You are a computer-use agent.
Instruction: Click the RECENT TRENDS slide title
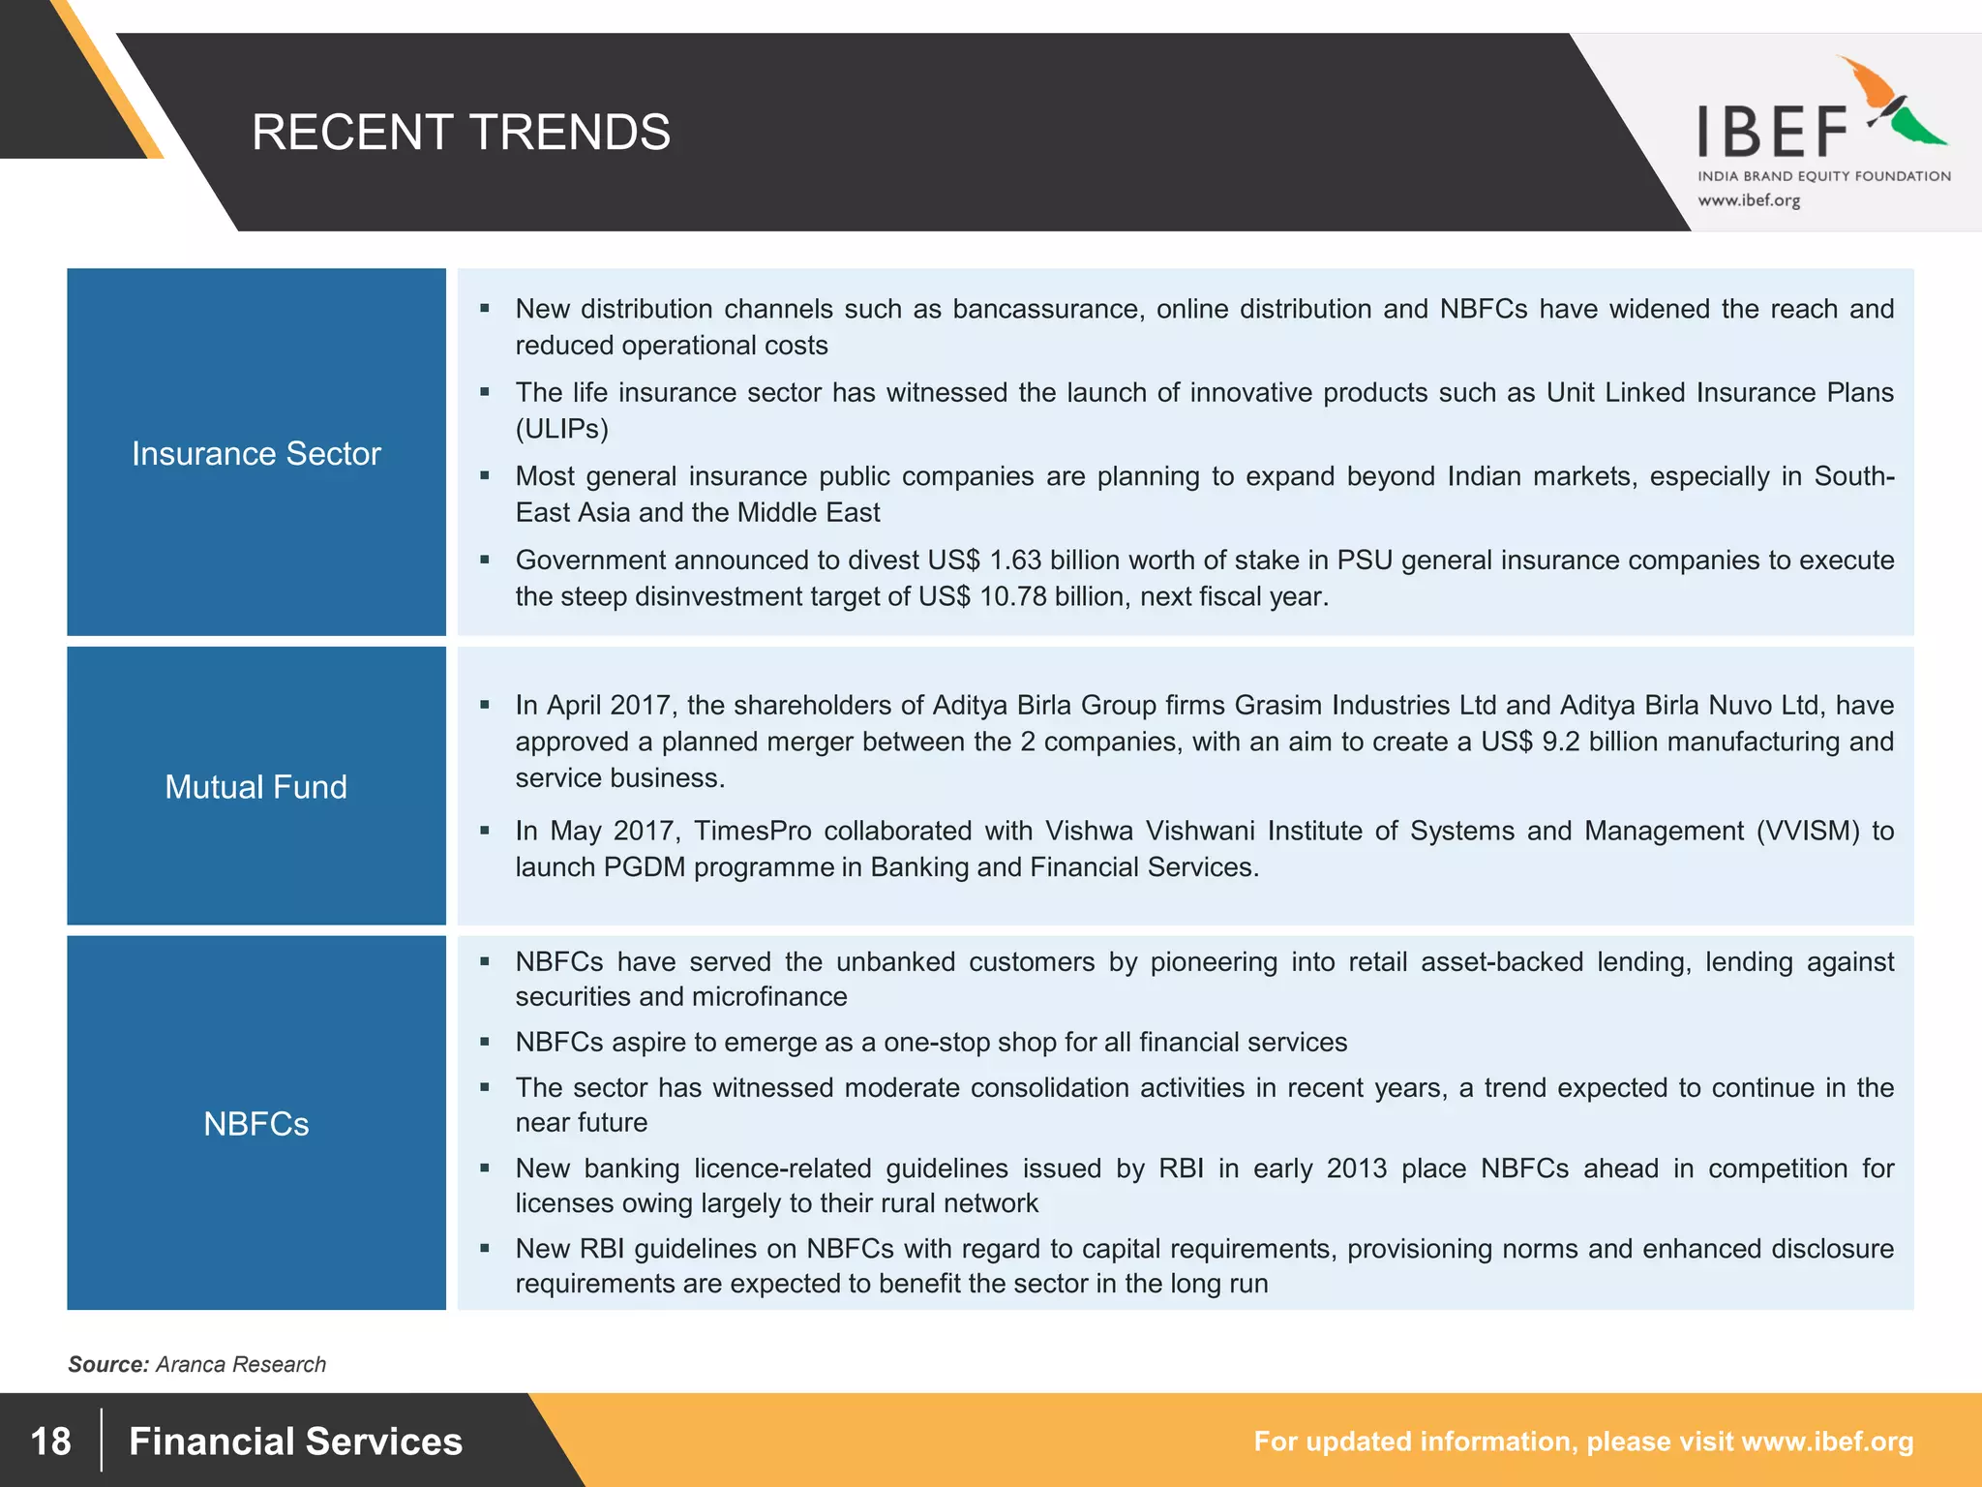(x=461, y=133)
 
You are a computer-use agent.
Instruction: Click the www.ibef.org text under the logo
(x=1749, y=200)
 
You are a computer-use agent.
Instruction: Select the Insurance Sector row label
(x=256, y=453)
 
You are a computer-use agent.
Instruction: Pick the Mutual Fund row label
(x=256, y=787)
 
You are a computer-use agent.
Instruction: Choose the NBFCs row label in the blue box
(x=256, y=1124)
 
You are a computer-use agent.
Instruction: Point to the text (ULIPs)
(x=562, y=429)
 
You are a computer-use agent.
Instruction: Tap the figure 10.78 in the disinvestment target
(x=1013, y=596)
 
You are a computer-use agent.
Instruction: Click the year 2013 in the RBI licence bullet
(x=1357, y=1168)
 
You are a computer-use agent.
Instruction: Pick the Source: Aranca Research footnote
(x=196, y=1364)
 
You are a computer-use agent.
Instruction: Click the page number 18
(x=50, y=1441)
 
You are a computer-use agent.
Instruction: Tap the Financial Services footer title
(x=295, y=1441)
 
